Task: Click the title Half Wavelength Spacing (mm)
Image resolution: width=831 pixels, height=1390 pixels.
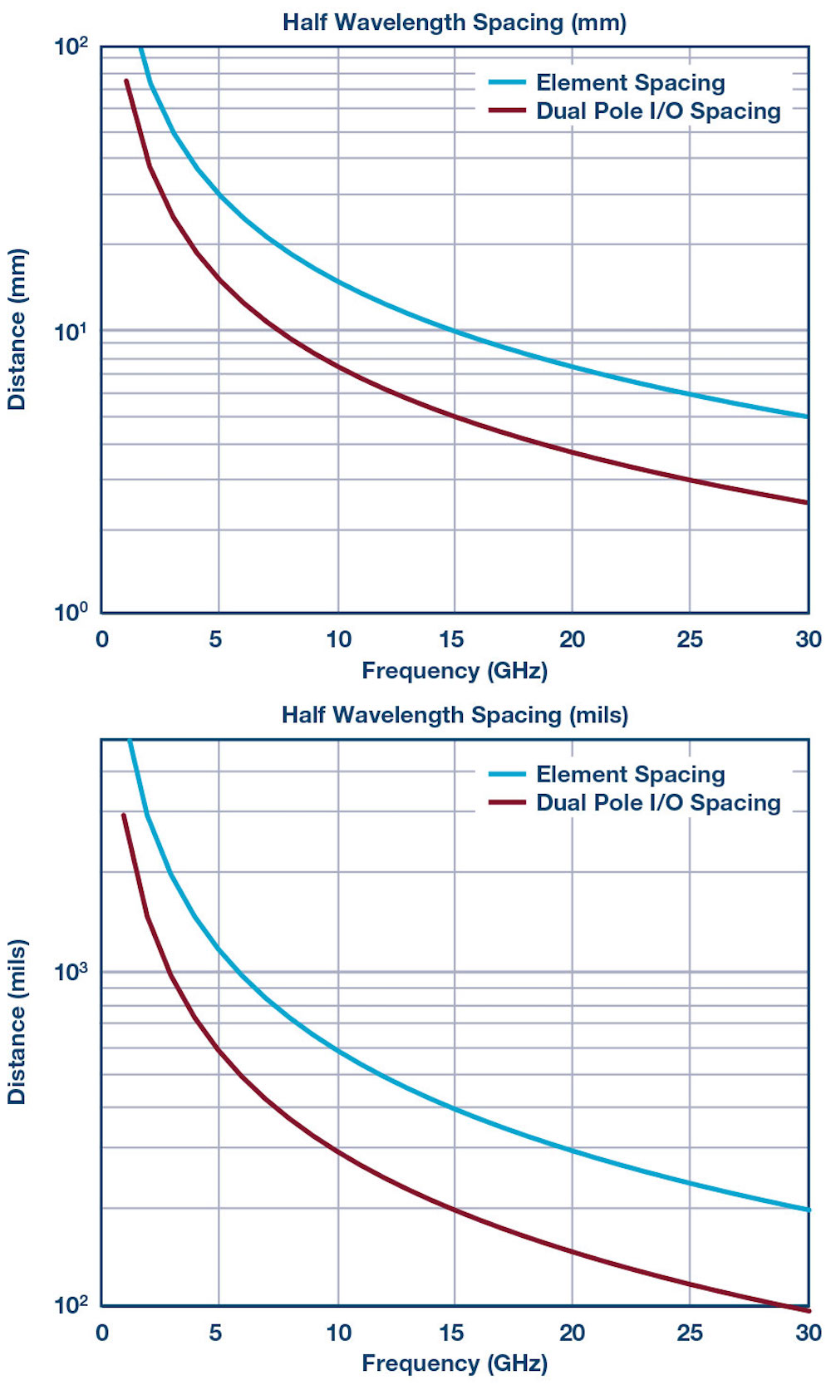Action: (x=454, y=22)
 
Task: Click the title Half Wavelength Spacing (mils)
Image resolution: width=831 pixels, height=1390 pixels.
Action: (x=454, y=715)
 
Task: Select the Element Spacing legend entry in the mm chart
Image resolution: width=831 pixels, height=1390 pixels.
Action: (x=630, y=83)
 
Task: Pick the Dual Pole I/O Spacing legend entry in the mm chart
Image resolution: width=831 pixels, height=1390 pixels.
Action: (x=658, y=111)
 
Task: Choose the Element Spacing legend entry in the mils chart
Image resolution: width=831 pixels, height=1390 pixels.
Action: (x=630, y=775)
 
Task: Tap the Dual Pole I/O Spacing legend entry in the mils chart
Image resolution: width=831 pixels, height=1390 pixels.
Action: (x=658, y=803)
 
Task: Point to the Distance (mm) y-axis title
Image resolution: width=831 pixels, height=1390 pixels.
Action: (x=17, y=329)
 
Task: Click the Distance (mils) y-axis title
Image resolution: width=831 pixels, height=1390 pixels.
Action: (x=17, y=1022)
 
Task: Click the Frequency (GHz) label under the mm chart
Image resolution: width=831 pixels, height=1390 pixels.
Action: (x=454, y=671)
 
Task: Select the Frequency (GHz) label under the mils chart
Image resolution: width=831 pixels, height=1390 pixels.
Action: (x=454, y=1363)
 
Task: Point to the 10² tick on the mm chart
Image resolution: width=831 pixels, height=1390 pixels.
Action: (x=71, y=46)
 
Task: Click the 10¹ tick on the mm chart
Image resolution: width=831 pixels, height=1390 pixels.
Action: (x=71, y=331)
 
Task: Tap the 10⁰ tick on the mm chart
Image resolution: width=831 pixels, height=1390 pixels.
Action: (x=71, y=613)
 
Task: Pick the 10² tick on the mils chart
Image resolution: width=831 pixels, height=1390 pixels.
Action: (x=71, y=1304)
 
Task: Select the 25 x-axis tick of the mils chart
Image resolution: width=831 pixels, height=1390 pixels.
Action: (x=689, y=1333)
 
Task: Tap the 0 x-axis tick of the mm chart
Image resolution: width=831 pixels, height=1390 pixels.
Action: (x=102, y=639)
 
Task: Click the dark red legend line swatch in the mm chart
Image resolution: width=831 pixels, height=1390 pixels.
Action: (x=507, y=111)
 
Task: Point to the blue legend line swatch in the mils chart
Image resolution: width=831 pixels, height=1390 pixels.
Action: (x=507, y=774)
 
